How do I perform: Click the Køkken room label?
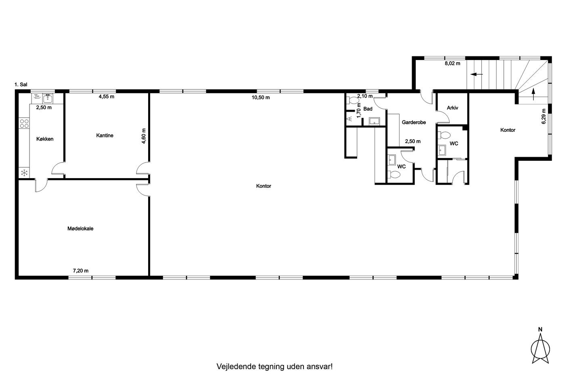click(45, 139)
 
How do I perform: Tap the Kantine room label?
click(105, 135)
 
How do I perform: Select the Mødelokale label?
click(80, 229)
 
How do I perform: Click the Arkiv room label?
click(452, 108)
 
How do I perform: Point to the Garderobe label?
click(414, 122)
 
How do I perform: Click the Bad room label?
click(368, 109)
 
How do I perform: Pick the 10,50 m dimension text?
click(261, 98)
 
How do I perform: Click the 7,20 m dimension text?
click(81, 271)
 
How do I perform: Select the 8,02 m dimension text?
click(452, 63)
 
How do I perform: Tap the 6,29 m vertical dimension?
click(544, 116)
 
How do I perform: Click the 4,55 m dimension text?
click(107, 96)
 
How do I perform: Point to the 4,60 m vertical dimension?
click(144, 136)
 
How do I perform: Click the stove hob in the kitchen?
click(24, 123)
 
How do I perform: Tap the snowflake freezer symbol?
click(24, 173)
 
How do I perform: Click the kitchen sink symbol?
click(48, 98)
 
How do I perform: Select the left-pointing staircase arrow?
click(477, 74)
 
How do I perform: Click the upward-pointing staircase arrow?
click(534, 94)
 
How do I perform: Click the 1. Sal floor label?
click(21, 85)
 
